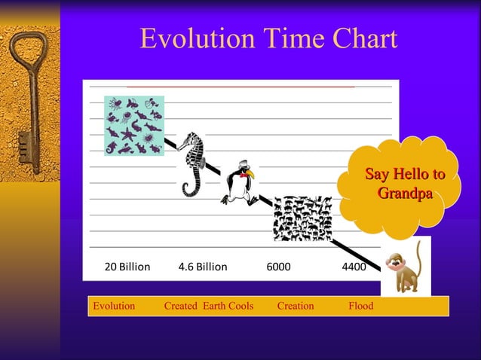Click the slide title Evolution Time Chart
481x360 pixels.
pos(268,39)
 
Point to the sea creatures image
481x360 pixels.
pos(133,125)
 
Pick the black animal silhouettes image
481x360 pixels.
pos(302,218)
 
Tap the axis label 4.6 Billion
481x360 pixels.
pos(202,267)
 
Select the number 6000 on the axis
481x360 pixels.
pos(278,267)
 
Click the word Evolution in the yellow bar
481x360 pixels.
pos(113,306)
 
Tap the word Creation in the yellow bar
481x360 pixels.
pos(296,306)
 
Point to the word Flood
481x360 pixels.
pos(360,306)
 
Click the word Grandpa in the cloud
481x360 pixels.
pos(404,194)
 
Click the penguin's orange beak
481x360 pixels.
pos(250,175)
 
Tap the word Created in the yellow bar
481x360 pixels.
pos(181,306)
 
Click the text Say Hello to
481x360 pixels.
pos(404,175)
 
